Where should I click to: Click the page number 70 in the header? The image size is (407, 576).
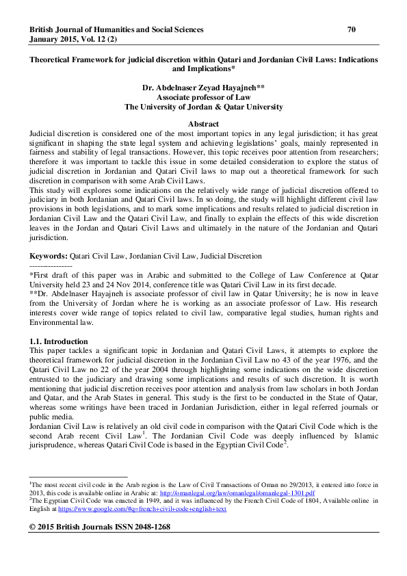(352, 29)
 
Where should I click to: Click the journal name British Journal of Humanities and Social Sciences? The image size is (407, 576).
(116, 29)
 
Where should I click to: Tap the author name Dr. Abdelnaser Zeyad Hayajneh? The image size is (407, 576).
(203, 88)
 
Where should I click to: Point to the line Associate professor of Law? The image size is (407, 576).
(203, 98)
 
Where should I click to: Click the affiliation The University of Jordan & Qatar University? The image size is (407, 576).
(203, 107)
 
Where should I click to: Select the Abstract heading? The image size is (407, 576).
(203, 123)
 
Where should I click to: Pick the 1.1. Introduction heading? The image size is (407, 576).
(59, 341)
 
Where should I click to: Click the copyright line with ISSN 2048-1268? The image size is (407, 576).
(100, 527)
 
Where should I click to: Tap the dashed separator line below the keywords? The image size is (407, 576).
(51, 265)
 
